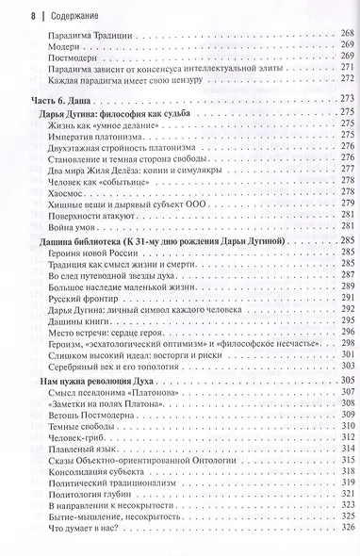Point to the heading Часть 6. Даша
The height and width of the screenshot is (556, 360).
click(51, 100)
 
